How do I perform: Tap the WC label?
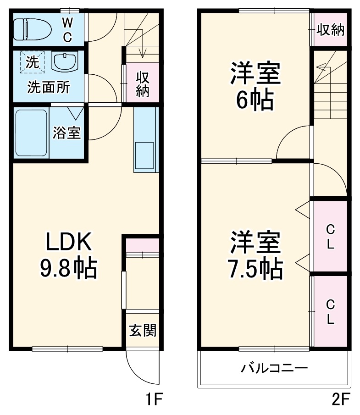67,29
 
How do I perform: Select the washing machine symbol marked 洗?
32,62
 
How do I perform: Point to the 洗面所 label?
48,87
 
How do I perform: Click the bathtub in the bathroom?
31,133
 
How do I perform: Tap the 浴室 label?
67,133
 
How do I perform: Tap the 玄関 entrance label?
142,330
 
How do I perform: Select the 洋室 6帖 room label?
255,87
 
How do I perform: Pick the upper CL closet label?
330,236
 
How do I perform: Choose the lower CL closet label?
330,312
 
